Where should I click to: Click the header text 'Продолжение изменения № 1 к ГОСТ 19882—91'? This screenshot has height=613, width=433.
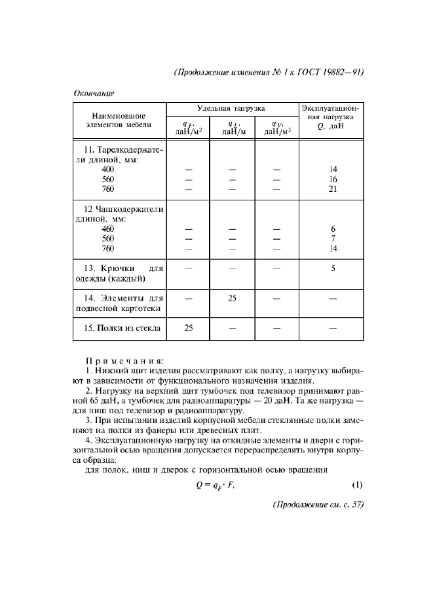(269, 72)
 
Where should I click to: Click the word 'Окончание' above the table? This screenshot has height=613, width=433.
(93, 93)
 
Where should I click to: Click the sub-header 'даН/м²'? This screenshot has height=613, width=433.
(188, 131)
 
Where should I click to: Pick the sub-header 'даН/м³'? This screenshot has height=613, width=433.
(276, 131)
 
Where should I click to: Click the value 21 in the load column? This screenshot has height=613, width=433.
(333, 189)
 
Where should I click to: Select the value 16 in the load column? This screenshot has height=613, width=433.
(333, 179)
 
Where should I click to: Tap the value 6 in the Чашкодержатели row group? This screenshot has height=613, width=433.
(333, 229)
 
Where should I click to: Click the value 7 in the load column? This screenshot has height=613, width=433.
(333, 238)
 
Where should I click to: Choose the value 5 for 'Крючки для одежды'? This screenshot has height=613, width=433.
(333, 268)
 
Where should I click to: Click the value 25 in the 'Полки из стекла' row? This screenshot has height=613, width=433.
(188, 328)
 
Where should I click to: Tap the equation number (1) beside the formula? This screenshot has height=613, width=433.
(357, 485)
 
